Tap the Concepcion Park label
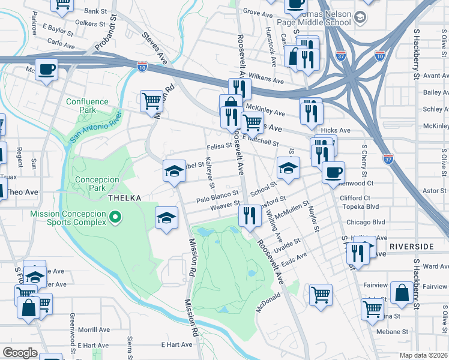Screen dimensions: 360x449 [97, 184]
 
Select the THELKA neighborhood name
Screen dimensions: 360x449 [124, 198]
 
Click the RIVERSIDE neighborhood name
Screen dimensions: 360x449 [411, 247]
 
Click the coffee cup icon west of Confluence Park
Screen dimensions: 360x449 [47, 70]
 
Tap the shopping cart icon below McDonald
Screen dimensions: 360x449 [321, 294]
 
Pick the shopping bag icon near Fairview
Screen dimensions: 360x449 [401, 292]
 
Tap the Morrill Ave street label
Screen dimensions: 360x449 [89, 329]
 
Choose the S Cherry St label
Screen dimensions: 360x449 [363, 160]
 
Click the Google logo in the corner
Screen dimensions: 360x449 [20, 353]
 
